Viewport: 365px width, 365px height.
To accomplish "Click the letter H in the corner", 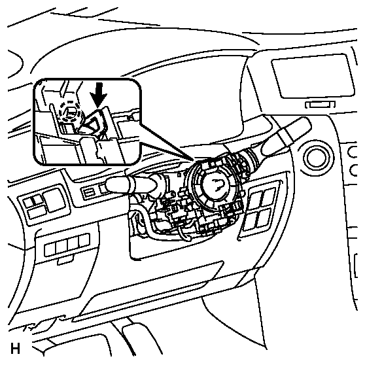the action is [x=15, y=349].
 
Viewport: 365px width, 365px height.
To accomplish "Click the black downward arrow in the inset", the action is [x=99, y=95].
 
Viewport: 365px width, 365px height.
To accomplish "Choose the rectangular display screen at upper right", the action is [x=313, y=76].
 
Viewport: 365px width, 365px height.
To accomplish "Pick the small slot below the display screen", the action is [x=321, y=105].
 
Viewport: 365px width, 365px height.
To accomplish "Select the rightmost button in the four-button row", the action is [x=84, y=241].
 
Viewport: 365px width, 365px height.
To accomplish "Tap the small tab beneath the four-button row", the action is [x=65, y=260].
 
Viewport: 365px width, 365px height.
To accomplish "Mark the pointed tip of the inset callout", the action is [x=193, y=160].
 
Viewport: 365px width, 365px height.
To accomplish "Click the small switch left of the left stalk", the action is [x=89, y=192].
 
